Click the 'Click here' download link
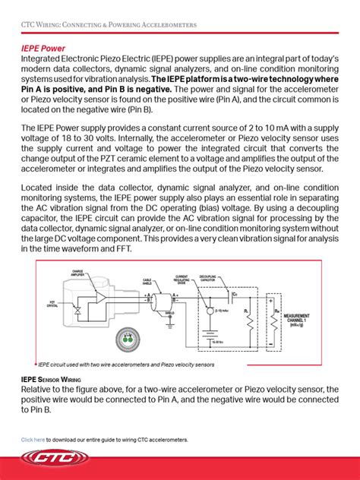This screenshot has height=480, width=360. (x=33, y=440)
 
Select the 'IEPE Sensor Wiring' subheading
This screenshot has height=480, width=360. (x=52, y=378)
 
